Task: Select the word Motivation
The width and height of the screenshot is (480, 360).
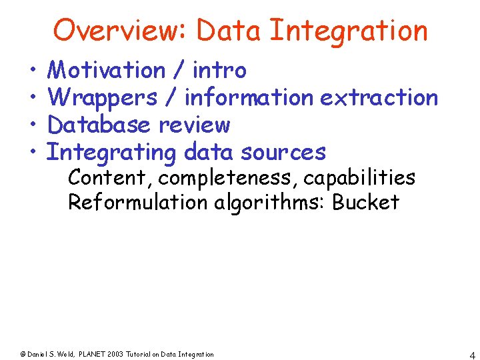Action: click(x=107, y=70)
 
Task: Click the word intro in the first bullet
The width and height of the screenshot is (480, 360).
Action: click(x=219, y=70)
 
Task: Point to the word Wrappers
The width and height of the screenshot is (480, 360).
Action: click(x=103, y=97)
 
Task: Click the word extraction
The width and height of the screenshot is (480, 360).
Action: click(x=379, y=97)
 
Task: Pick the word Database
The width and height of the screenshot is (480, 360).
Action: click(x=100, y=125)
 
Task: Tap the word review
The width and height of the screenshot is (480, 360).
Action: click(x=194, y=125)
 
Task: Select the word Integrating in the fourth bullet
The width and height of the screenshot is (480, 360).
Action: click(x=111, y=152)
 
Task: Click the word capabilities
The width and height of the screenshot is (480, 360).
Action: click(x=359, y=179)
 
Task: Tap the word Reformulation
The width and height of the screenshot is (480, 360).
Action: click(x=138, y=202)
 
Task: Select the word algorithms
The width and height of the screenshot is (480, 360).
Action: click(x=269, y=202)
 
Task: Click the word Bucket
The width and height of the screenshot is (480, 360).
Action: click(x=365, y=202)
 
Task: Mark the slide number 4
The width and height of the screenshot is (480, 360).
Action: click(x=471, y=354)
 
